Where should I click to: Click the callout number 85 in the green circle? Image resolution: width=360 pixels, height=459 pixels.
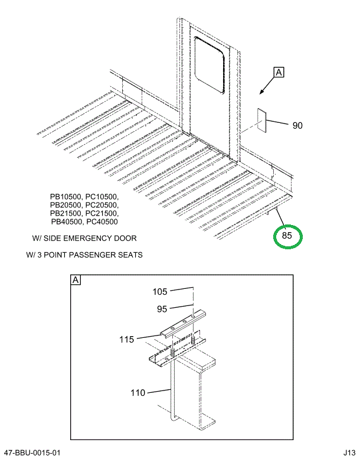pyautogui.click(x=287, y=236)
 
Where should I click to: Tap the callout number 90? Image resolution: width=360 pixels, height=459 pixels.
pyautogui.click(x=297, y=125)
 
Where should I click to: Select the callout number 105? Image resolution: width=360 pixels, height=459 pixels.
pyautogui.click(x=161, y=291)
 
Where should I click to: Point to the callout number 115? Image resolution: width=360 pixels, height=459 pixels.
pyautogui.click(x=126, y=339)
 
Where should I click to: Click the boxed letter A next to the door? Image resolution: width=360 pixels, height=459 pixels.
pyautogui.click(x=279, y=73)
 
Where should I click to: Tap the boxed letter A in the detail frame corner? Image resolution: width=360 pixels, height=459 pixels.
pyautogui.click(x=76, y=280)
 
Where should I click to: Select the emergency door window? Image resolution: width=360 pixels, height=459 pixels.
pyautogui.click(x=210, y=65)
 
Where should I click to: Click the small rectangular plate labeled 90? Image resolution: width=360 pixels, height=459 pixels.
pyautogui.click(x=263, y=121)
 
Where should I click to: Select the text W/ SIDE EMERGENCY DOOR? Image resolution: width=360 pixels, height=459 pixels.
pyautogui.click(x=84, y=239)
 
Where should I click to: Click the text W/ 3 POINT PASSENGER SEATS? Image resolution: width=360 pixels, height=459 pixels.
pyautogui.click(x=84, y=255)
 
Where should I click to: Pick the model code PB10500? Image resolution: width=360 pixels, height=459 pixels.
pyautogui.click(x=67, y=197)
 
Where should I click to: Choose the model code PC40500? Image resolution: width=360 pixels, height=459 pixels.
pyautogui.click(x=102, y=222)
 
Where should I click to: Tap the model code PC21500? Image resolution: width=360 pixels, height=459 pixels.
pyautogui.click(x=102, y=213)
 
